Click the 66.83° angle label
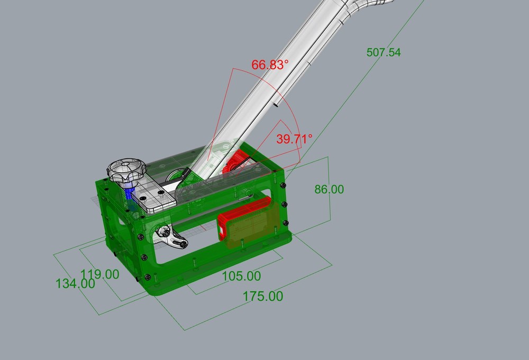[270, 65]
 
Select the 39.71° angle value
[294, 139]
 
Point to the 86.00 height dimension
[329, 189]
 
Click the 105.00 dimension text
[240, 276]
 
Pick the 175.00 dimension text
[263, 296]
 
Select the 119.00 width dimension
[99, 274]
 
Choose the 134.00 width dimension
[75, 283]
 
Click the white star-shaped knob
[126, 172]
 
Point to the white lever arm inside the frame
[171, 238]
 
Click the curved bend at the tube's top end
[365, 6]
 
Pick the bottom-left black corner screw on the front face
[147, 277]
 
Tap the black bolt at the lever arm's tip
[183, 244]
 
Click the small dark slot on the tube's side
[276, 105]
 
